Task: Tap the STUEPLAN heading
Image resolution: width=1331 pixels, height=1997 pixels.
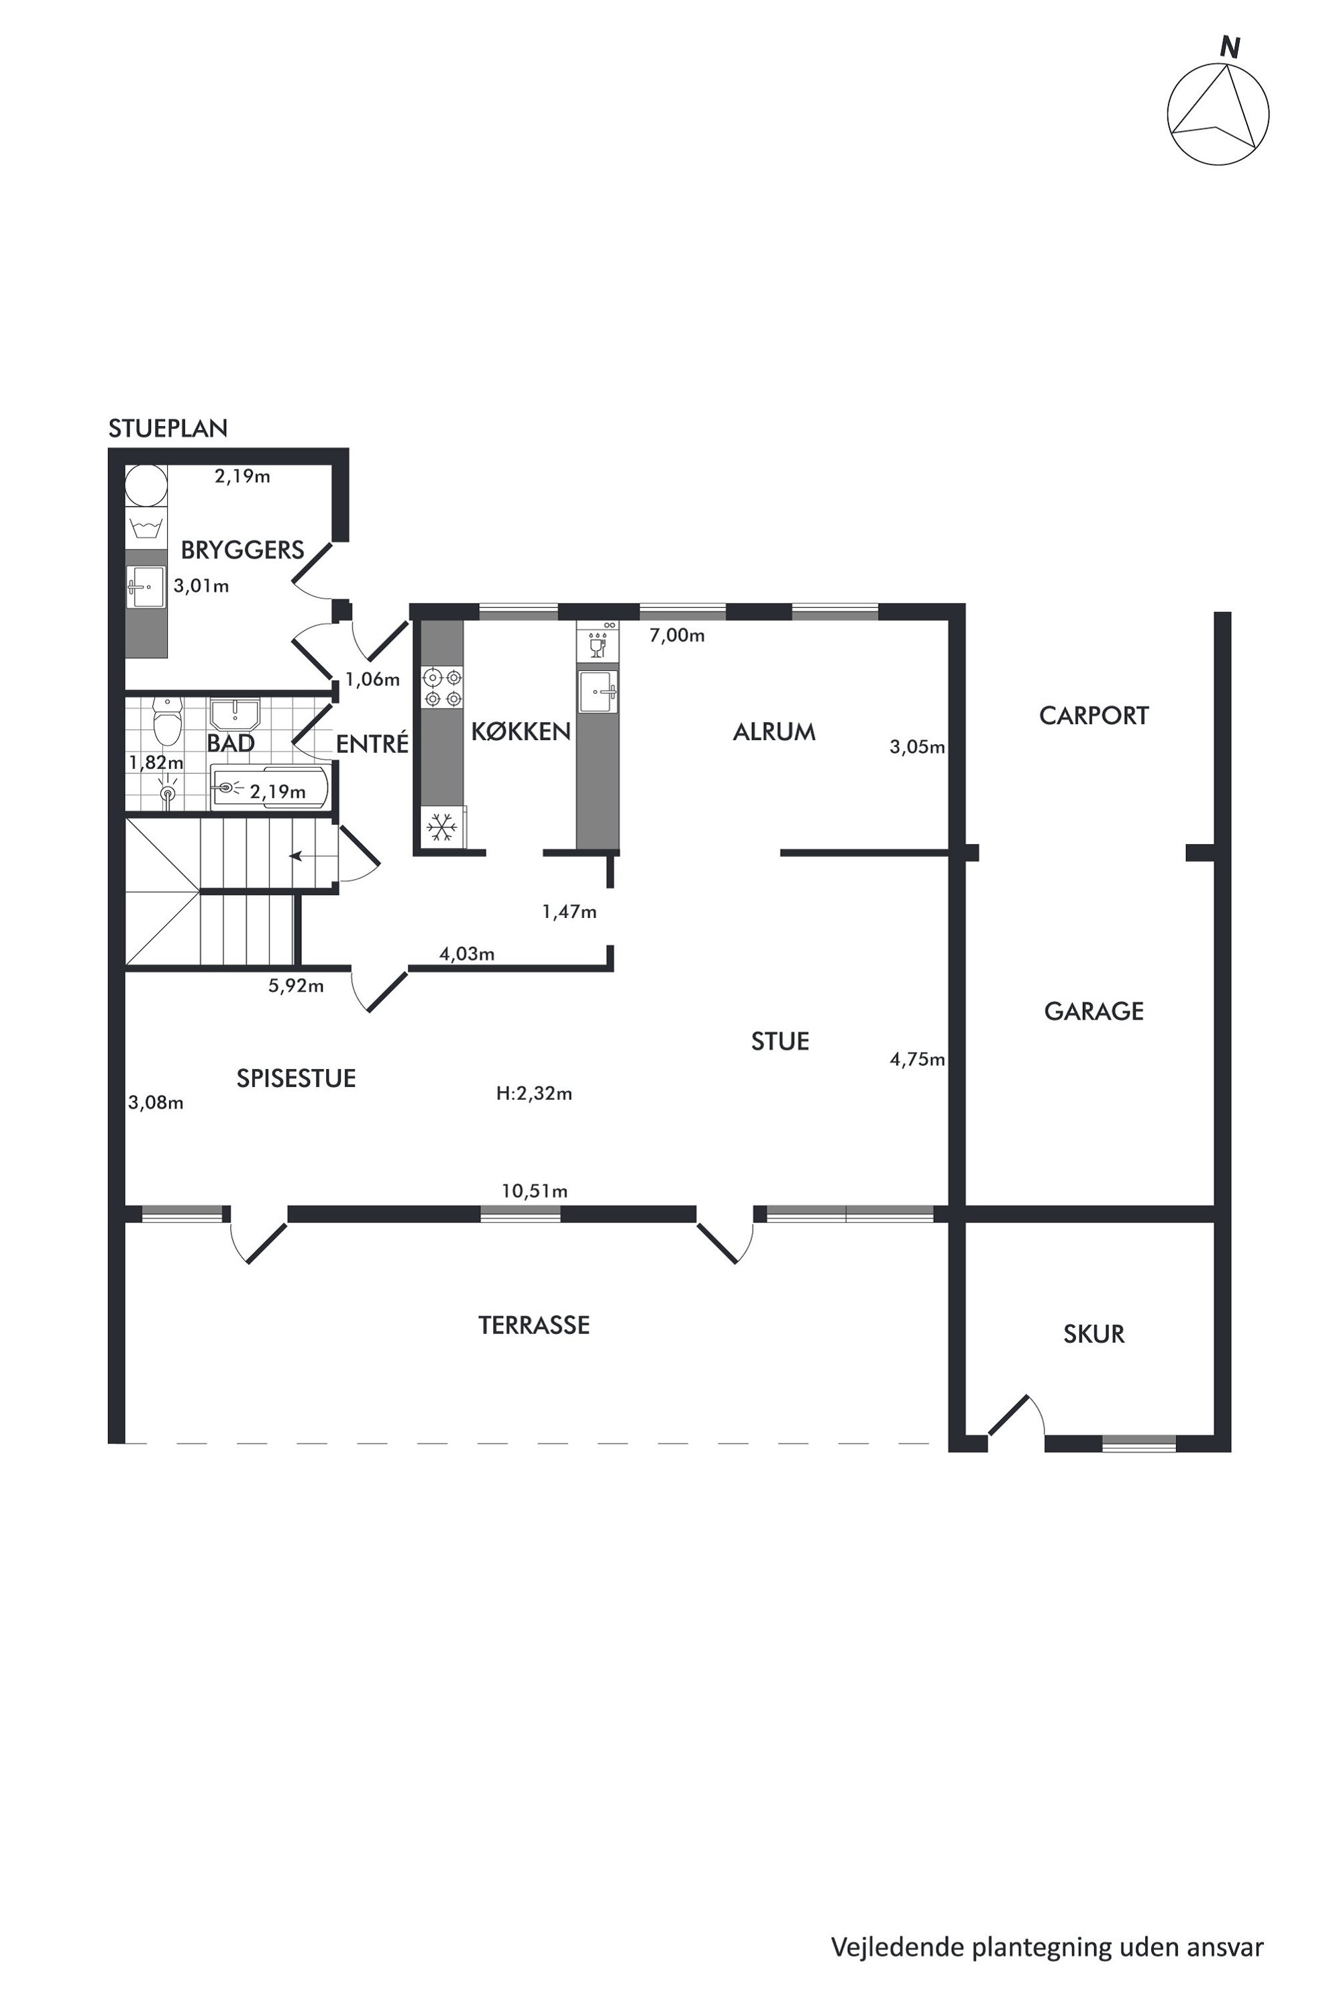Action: [x=168, y=429]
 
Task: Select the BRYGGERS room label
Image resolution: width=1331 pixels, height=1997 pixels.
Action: [x=243, y=550]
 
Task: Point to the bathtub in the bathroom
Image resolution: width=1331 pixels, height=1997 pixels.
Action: [x=270, y=788]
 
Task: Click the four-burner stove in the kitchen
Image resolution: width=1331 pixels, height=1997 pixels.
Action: [x=443, y=688]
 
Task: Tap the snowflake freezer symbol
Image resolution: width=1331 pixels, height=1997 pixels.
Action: [x=442, y=826]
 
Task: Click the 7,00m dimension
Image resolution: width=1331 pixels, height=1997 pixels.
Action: [x=678, y=635]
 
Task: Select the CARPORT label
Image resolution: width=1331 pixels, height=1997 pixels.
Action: [x=1094, y=716]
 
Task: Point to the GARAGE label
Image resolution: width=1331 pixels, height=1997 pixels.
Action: [x=1094, y=1011]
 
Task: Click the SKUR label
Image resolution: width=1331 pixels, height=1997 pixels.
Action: [x=1094, y=1334]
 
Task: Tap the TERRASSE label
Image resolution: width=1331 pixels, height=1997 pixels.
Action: [x=534, y=1325]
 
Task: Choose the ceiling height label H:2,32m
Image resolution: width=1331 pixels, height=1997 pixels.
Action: [x=534, y=1094]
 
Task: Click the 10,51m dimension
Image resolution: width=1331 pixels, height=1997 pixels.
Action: [x=534, y=1191]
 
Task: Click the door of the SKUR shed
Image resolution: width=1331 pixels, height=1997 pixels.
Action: [x=1009, y=1415]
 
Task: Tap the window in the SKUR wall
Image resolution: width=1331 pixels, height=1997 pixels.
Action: [x=1139, y=1443]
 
